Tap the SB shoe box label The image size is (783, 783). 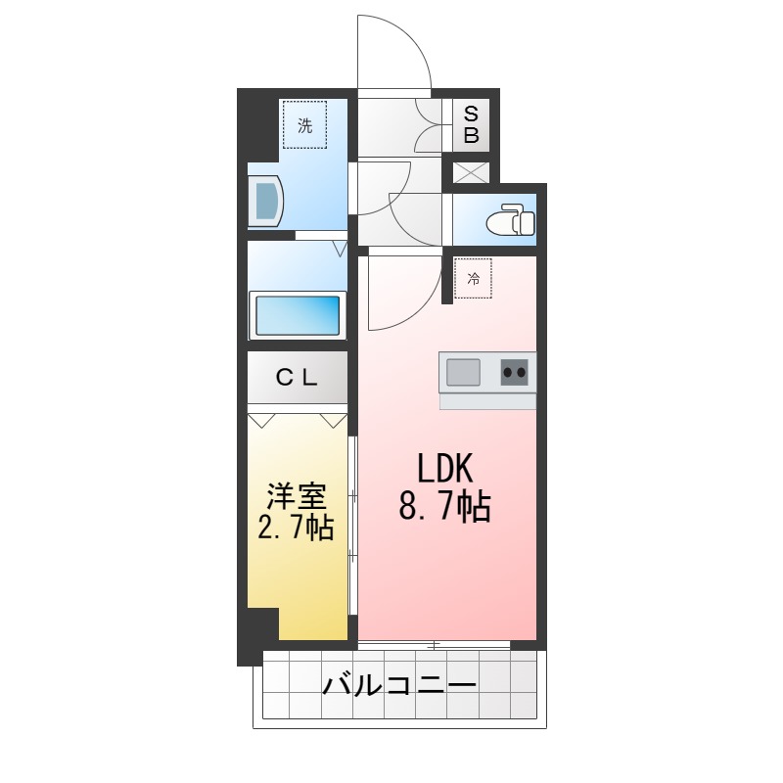pyautogui.click(x=471, y=125)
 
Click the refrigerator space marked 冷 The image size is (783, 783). pyautogui.click(x=474, y=279)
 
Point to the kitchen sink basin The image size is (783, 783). pyautogui.click(x=464, y=373)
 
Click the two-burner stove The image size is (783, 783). pyautogui.click(x=516, y=372)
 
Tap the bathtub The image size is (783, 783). pyautogui.click(x=297, y=315)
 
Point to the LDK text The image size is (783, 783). pyautogui.click(x=445, y=470)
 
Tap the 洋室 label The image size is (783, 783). pyautogui.click(x=296, y=495)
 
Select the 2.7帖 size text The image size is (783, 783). pyautogui.click(x=296, y=529)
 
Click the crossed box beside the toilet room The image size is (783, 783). pyautogui.click(x=471, y=172)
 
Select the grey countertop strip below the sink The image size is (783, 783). pyautogui.click(x=487, y=400)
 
